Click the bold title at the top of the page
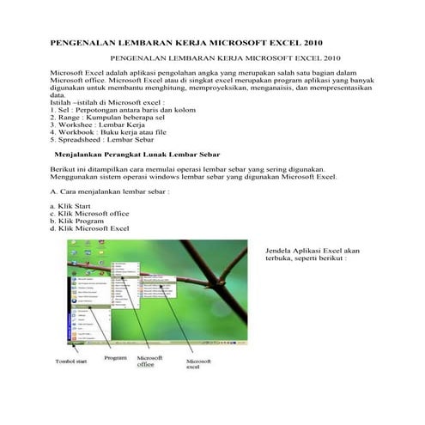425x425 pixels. point(188,40)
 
